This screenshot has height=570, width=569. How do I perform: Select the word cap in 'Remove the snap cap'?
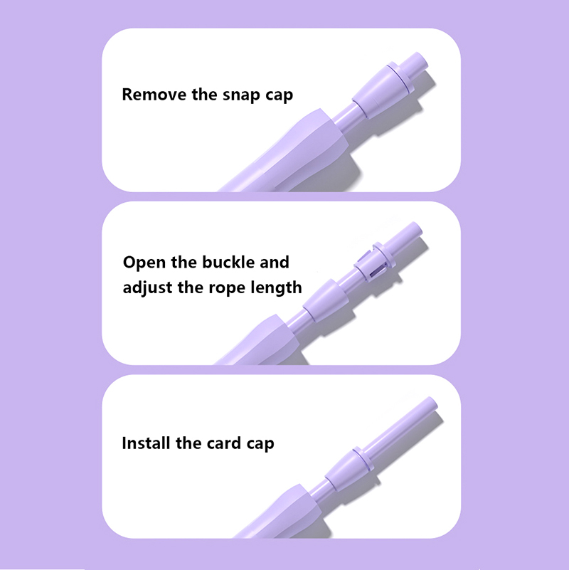pyautogui.click(x=279, y=96)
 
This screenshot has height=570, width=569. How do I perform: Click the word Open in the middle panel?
pyautogui.click(x=144, y=263)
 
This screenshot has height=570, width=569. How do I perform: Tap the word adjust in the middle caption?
pyautogui.click(x=147, y=288)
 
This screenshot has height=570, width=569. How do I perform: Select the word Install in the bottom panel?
pyautogui.click(x=146, y=443)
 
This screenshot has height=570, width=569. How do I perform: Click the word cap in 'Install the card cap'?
pyautogui.click(x=260, y=445)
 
